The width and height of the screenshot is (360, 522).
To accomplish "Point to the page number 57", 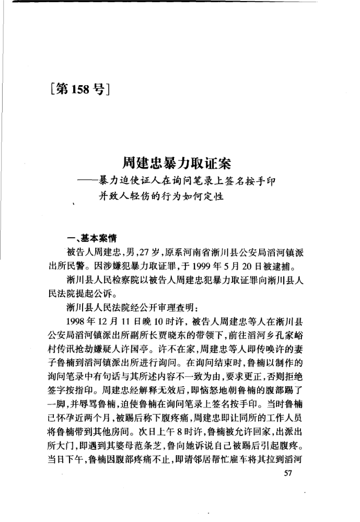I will pyautogui.click(x=286, y=473).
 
